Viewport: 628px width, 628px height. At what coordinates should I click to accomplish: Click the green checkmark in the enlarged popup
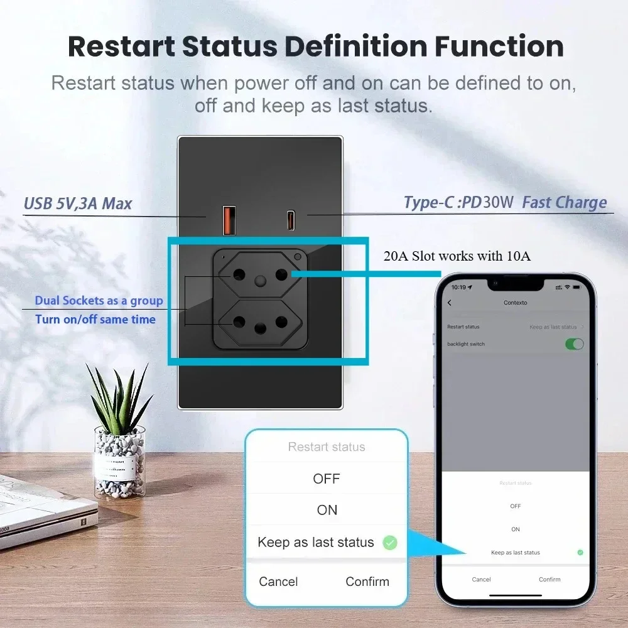tap(390, 543)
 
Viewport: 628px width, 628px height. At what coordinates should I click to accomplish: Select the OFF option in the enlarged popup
tap(326, 479)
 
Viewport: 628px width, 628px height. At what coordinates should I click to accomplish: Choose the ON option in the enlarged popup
tap(327, 511)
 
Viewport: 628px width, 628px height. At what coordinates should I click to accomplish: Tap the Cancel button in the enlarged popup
tap(278, 582)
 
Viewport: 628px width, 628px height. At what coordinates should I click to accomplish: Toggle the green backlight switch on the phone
tap(574, 344)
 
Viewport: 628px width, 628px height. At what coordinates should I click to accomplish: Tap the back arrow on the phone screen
tap(450, 303)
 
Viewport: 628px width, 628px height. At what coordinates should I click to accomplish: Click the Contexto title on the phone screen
tap(515, 303)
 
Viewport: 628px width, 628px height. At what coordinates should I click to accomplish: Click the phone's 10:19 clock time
tap(459, 287)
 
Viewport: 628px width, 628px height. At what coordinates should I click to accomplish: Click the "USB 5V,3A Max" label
tap(77, 203)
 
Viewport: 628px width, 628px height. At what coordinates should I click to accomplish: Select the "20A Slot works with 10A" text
tap(457, 256)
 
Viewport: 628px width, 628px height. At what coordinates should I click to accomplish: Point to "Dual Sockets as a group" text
tap(99, 301)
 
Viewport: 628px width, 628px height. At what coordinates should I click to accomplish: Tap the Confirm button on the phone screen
tap(549, 579)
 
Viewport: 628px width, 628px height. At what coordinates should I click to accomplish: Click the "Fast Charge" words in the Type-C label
tap(564, 202)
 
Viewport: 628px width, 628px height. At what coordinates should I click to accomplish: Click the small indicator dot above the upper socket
tap(297, 257)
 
